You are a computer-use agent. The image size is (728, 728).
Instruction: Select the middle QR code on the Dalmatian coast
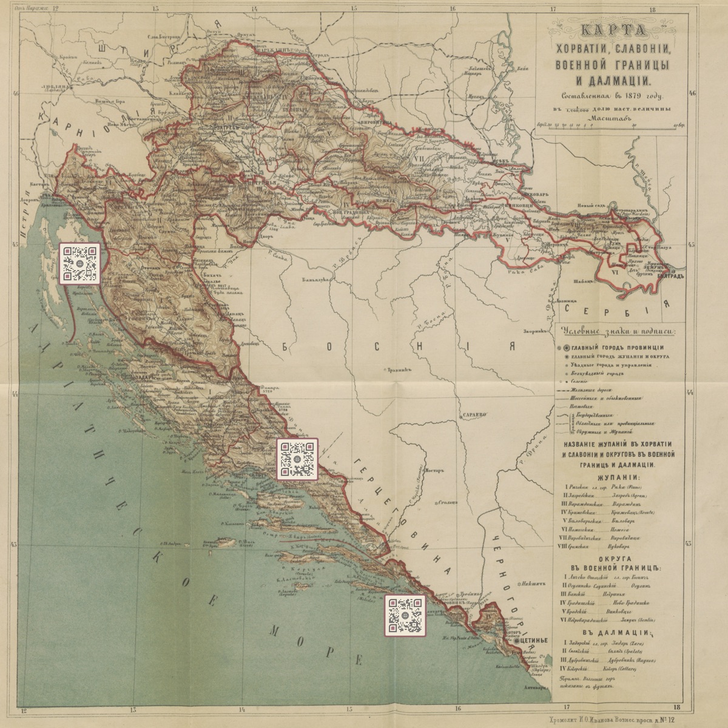coord(297,459)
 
